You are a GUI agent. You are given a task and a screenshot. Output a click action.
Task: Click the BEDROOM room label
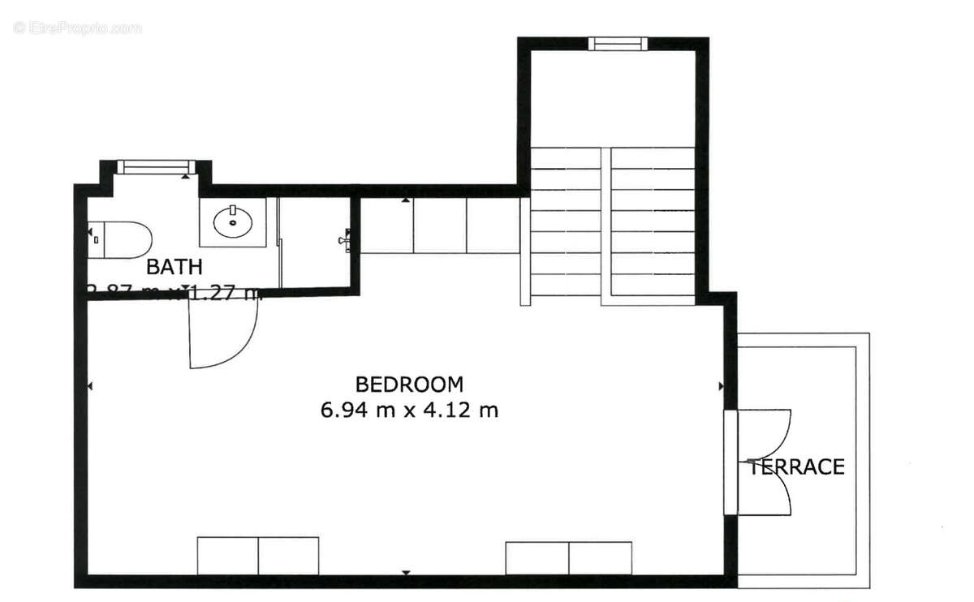click(409, 384)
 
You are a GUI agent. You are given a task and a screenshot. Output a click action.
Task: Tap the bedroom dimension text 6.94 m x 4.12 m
click(409, 411)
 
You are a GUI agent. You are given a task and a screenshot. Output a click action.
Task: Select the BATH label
click(174, 266)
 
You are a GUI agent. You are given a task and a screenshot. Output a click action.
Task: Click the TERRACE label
click(796, 467)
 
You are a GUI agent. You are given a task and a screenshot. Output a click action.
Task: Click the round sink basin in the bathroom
click(233, 221)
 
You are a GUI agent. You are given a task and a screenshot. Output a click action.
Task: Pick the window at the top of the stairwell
click(617, 44)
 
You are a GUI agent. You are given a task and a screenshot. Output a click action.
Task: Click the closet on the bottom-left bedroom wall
click(258, 556)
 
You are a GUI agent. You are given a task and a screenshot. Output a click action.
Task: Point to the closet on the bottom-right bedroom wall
click(568, 558)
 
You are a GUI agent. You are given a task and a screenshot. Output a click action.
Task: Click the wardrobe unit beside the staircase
click(439, 226)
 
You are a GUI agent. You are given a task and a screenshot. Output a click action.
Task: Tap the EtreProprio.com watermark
click(78, 28)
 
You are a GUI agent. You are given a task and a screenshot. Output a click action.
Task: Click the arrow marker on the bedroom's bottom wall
click(406, 573)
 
